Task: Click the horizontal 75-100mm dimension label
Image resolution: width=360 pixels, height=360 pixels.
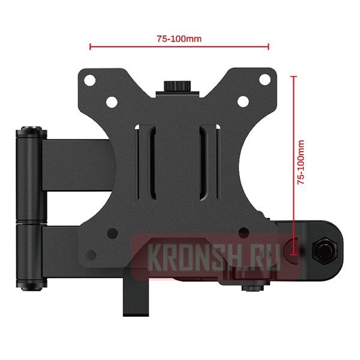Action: (x=179, y=38)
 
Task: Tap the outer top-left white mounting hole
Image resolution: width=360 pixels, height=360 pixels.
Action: (x=88, y=79)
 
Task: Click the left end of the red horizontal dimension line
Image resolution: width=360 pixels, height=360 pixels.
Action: (x=90, y=46)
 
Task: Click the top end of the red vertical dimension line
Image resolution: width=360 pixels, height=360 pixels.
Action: (x=293, y=76)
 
